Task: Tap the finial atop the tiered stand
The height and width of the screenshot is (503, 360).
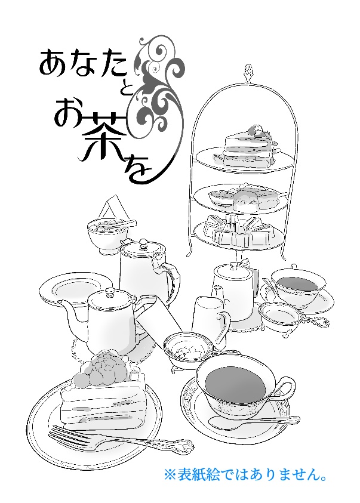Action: point(246,73)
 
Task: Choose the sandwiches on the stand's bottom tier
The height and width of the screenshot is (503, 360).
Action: point(239,230)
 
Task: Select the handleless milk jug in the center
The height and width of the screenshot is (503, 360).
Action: point(206,316)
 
